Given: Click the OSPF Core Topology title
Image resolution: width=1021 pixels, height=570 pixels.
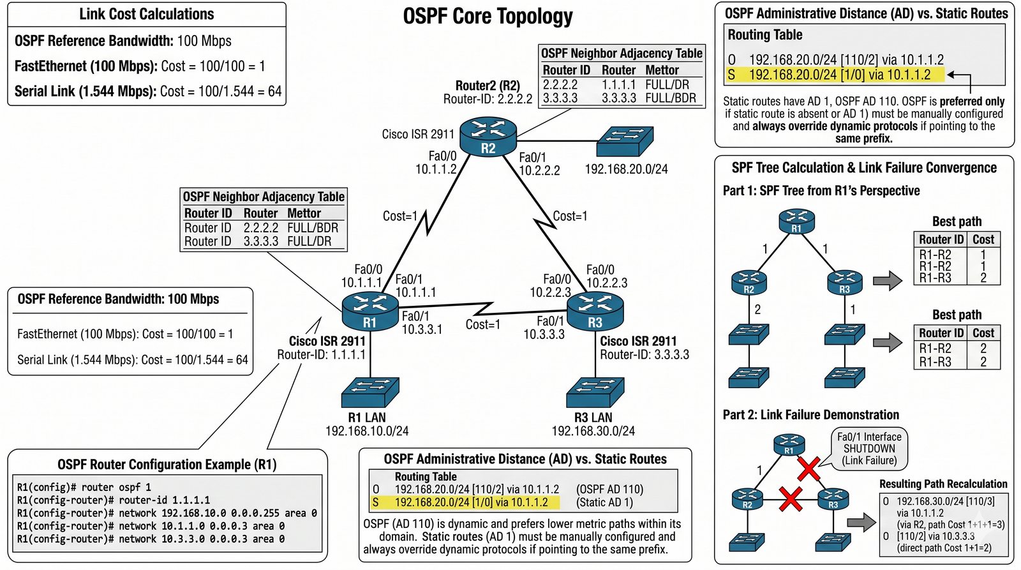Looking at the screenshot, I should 488,17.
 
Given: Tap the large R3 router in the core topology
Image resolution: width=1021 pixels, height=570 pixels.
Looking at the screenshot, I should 595,311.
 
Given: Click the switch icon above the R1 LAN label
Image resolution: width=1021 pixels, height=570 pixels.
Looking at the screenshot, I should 369,392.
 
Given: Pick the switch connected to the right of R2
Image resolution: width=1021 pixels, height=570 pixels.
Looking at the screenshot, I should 625,141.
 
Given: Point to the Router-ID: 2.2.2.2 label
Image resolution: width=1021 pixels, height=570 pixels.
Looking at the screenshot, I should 488,99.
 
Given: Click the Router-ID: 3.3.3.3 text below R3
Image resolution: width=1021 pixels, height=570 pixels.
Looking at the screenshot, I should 645,354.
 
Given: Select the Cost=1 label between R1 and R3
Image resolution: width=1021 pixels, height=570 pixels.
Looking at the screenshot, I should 483,324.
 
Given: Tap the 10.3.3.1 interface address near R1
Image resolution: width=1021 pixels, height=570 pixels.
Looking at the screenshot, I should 422,329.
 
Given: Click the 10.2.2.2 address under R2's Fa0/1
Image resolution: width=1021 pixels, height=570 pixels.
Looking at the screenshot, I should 539,170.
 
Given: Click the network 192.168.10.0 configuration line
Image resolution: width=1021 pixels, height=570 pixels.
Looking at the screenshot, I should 167,513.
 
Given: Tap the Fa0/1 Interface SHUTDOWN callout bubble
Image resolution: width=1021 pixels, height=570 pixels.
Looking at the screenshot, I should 869,448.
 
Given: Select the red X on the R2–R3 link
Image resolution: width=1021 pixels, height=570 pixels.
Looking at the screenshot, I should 791,499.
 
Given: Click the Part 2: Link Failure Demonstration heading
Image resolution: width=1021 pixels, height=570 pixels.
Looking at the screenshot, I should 810,414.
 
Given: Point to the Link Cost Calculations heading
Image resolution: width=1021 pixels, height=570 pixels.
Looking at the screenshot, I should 146,14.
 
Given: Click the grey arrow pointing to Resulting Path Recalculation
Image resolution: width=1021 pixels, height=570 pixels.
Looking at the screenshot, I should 861,522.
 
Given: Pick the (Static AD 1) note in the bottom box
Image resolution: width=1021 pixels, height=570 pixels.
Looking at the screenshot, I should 604,502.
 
